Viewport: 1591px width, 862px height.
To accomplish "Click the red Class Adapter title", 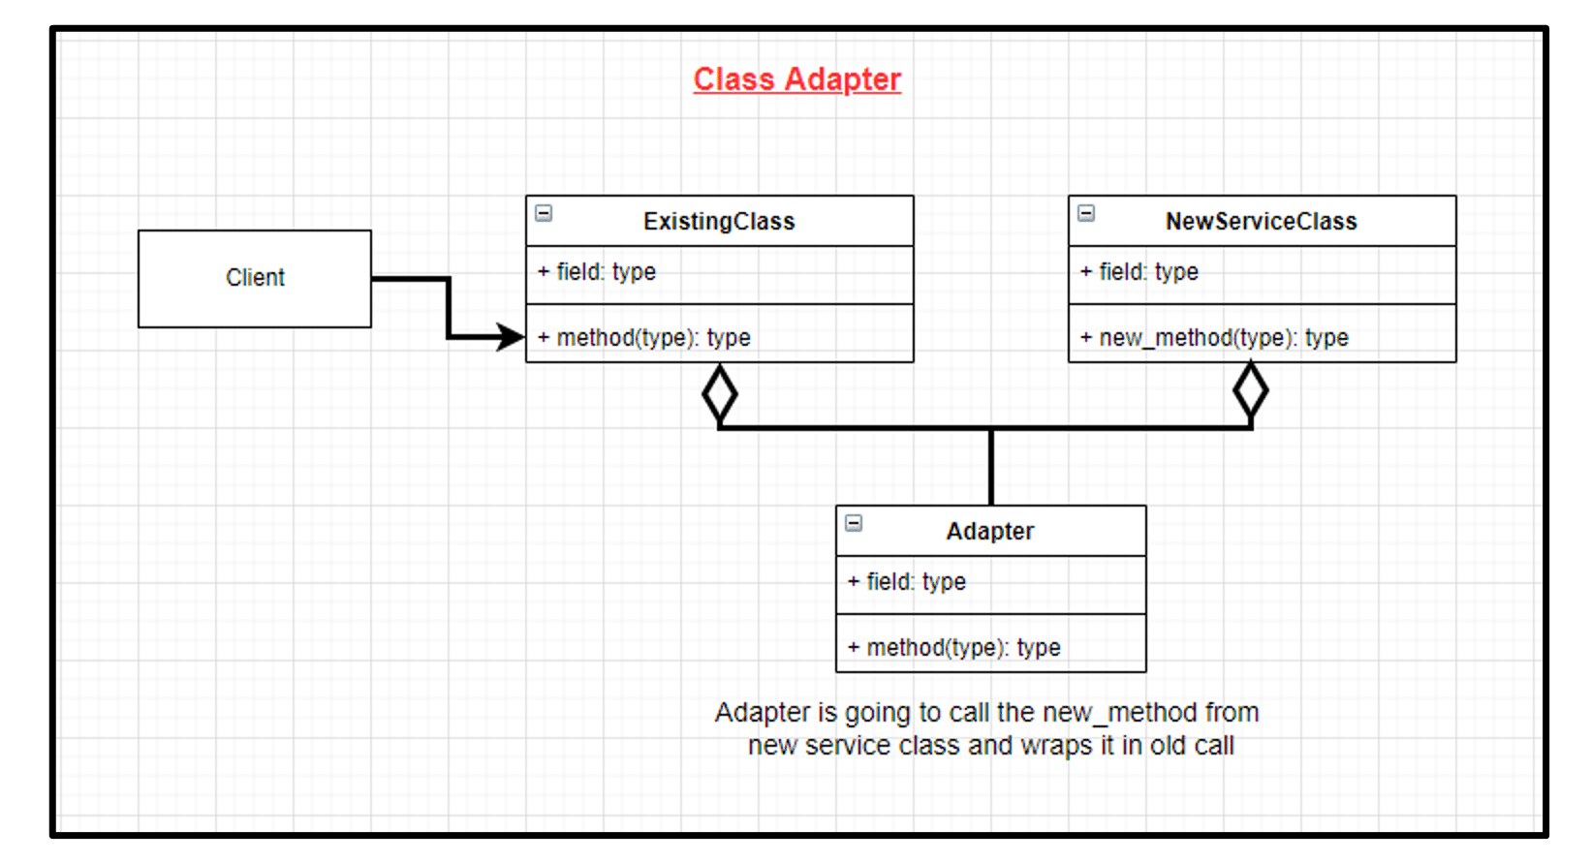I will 796,79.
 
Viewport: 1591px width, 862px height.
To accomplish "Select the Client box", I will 255,278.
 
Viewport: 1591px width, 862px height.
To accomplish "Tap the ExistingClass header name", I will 719,222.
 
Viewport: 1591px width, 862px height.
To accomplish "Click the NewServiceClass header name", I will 1261,222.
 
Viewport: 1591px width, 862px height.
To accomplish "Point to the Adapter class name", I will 990,532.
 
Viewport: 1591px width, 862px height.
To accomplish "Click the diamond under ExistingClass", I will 719,394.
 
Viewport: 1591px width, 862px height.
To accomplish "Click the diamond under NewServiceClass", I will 1250,391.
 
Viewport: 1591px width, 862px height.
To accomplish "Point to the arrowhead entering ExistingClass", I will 511,337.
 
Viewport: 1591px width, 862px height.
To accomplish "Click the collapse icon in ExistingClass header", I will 545,213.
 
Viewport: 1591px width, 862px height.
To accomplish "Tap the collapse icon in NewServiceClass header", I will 1086,213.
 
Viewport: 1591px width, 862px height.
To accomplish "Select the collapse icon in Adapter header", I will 854,523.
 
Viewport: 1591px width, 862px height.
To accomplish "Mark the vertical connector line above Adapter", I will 991,467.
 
